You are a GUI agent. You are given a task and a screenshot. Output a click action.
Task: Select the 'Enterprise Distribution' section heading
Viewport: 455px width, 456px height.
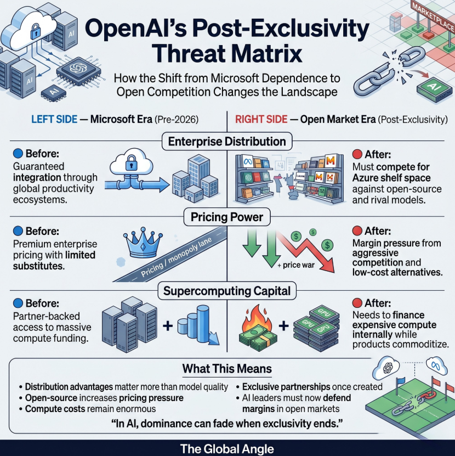(x=228, y=142)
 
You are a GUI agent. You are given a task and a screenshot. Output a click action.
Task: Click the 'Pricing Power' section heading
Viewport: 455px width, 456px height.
(x=228, y=217)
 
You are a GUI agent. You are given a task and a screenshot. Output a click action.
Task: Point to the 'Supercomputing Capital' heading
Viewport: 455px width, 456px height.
(x=228, y=291)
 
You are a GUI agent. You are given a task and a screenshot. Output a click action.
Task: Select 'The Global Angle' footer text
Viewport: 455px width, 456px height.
(x=227, y=448)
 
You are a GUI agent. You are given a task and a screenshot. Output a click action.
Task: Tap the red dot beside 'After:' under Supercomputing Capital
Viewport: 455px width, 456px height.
(x=357, y=303)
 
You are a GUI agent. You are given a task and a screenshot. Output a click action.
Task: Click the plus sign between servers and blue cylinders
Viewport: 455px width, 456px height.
(x=168, y=326)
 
